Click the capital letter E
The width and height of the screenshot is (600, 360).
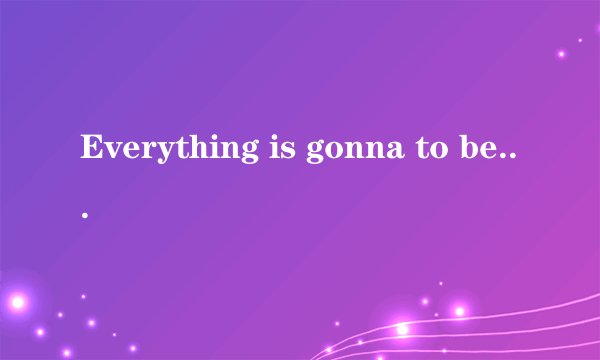(93, 147)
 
